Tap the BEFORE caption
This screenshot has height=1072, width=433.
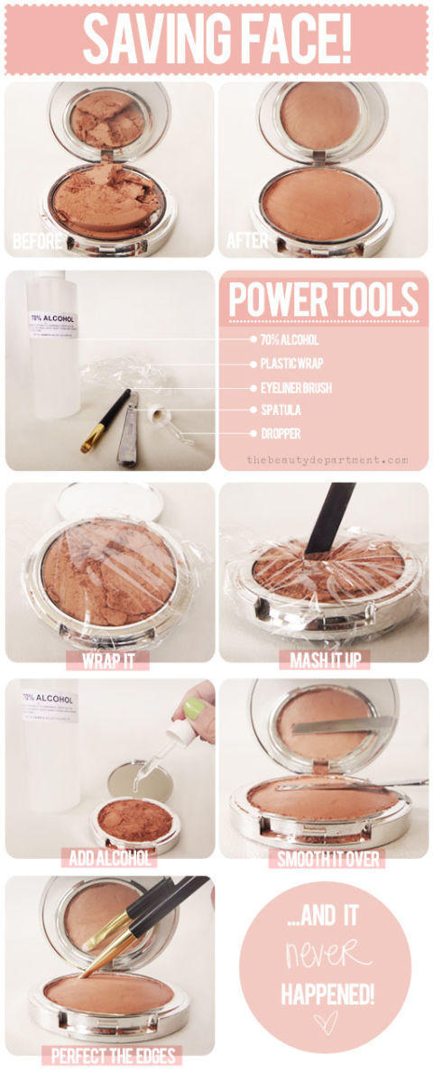[37, 241]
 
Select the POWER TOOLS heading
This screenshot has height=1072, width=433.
[324, 300]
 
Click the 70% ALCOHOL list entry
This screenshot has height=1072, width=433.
[290, 339]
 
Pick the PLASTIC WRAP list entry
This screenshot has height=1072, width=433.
[291, 364]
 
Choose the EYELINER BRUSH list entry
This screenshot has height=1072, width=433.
[296, 388]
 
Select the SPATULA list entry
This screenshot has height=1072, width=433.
[281, 411]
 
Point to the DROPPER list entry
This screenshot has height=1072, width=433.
[281, 433]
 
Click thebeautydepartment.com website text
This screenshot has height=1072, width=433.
[327, 460]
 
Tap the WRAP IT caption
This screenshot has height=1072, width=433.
[107, 661]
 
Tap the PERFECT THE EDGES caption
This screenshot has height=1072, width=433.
[114, 1056]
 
